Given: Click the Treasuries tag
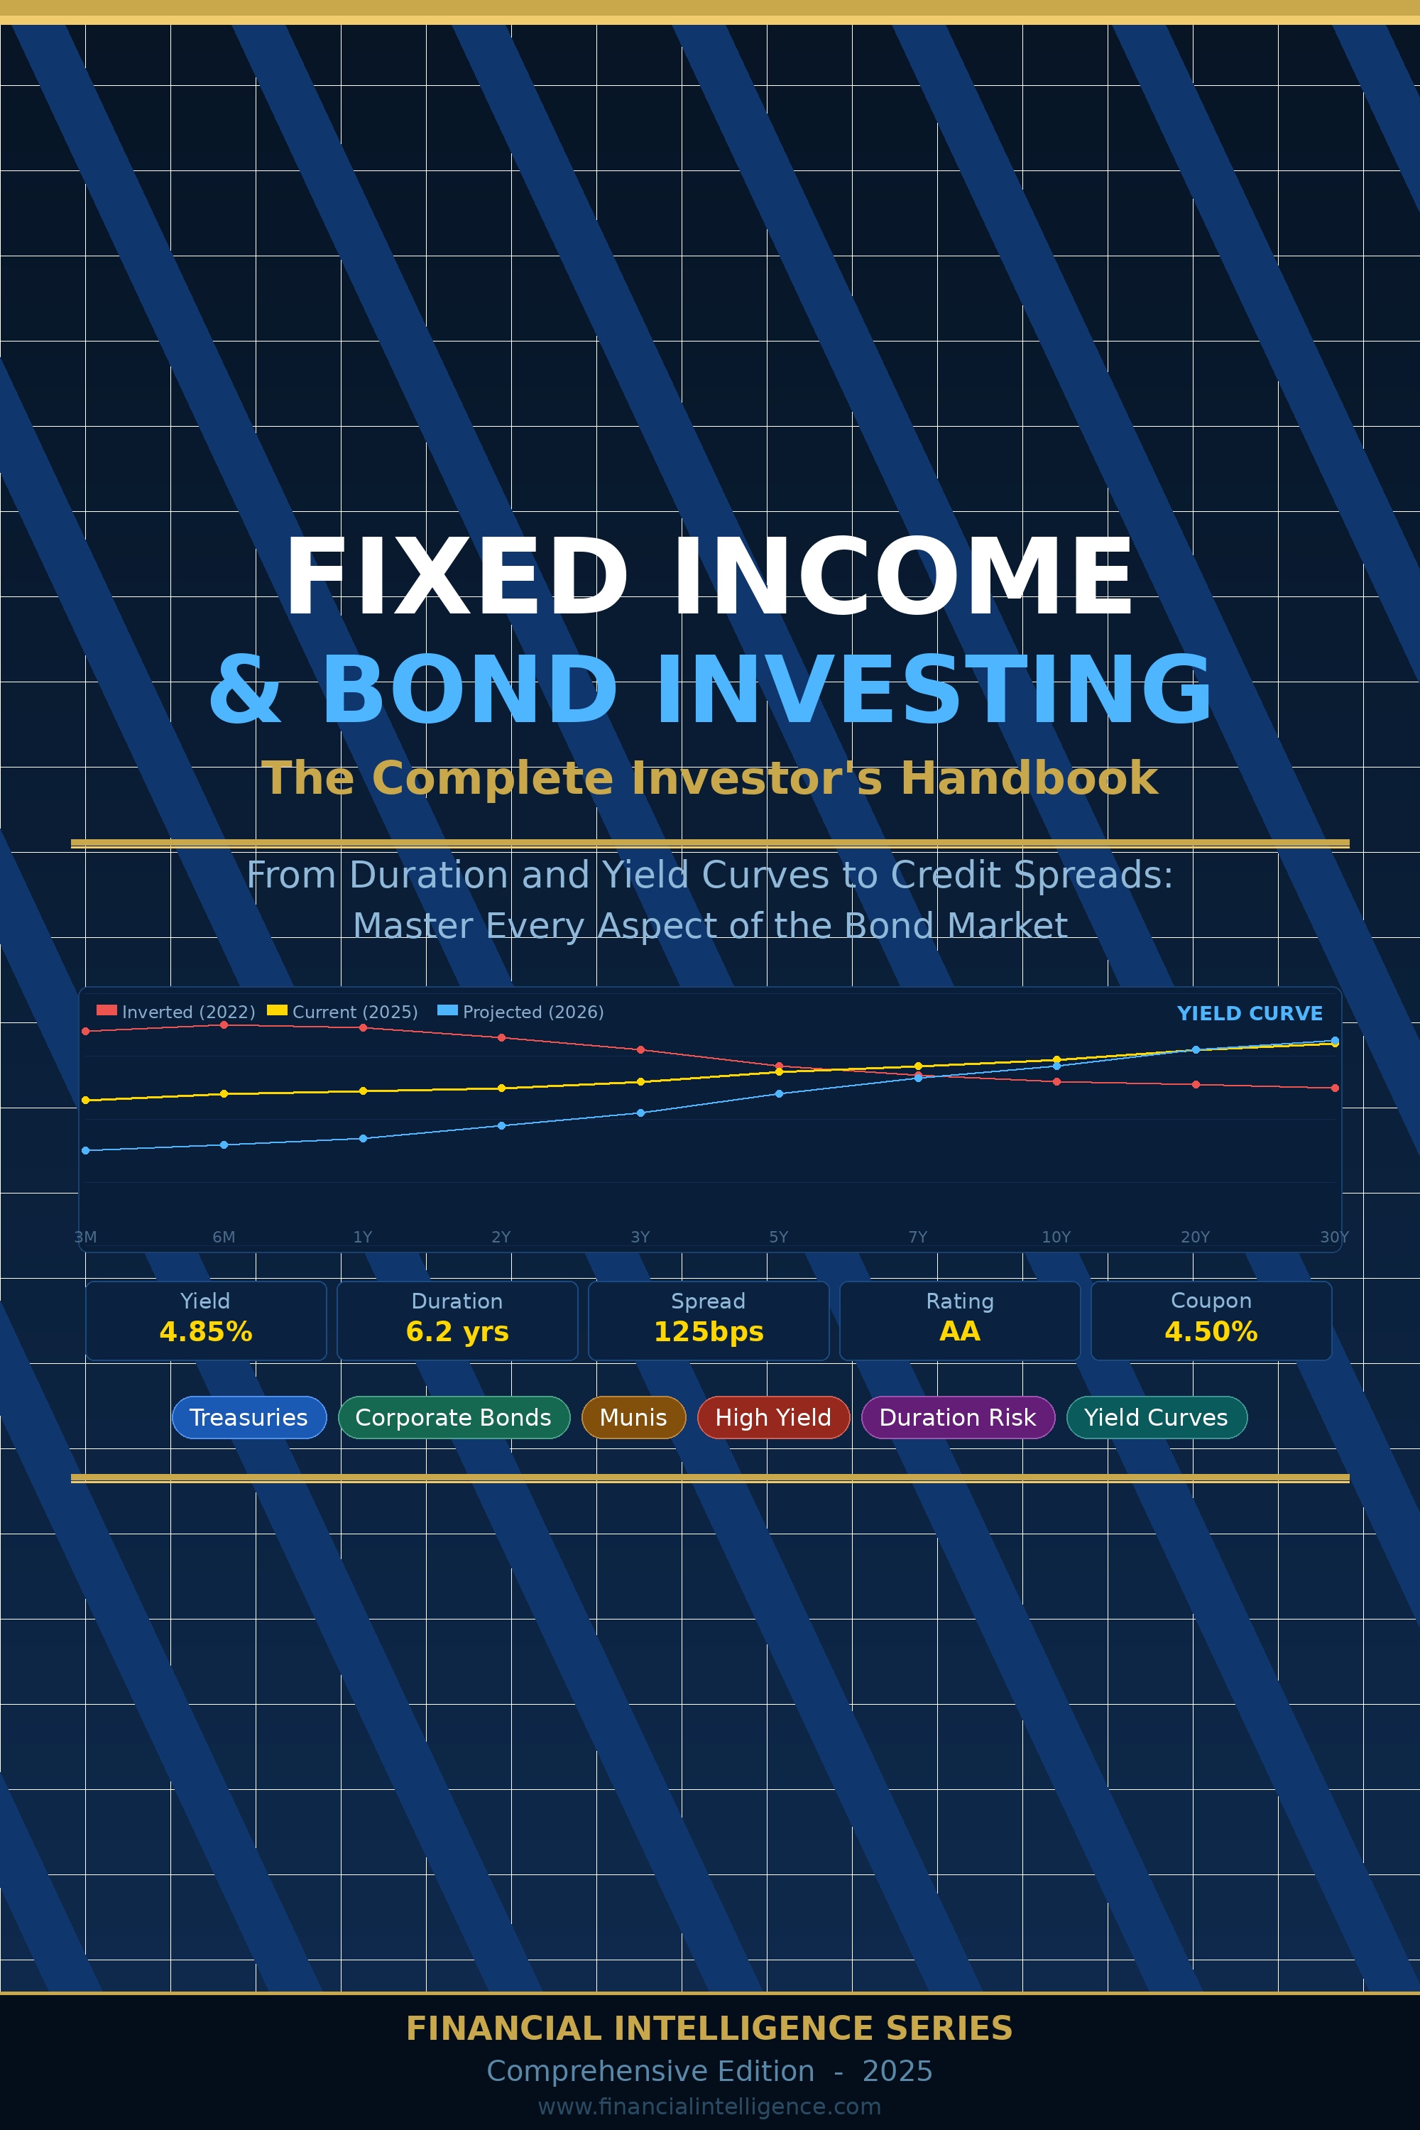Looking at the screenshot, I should point(249,1417).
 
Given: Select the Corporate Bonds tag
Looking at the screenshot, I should point(454,1417).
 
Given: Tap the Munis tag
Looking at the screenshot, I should point(633,1417).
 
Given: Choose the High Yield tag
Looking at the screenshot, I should point(773,1417).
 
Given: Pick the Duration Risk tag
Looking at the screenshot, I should point(957,1417).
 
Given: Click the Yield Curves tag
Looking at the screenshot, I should point(1156,1417).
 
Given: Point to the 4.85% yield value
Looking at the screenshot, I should point(206,1331).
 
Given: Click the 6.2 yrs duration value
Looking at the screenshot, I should point(457,1331).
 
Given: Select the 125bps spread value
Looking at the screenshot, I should point(708,1331).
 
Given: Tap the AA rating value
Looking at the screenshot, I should point(960,1331).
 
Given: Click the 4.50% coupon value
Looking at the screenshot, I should point(1211,1331).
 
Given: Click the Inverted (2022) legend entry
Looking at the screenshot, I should point(177,1012).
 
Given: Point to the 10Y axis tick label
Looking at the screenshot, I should point(1056,1237).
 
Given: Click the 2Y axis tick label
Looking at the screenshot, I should point(501,1237).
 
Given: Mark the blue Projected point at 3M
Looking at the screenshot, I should point(86,1150).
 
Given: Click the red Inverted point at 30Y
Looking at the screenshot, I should point(1335,1088).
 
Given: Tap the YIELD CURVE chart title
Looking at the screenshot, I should point(1250,1013).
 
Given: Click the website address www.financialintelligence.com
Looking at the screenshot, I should point(709,2107).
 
